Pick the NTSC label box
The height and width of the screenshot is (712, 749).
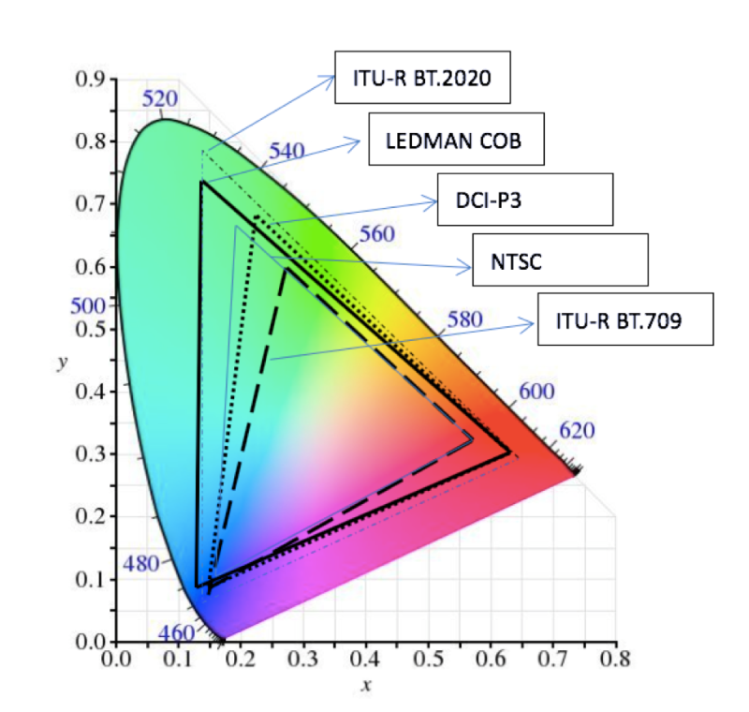click(560, 260)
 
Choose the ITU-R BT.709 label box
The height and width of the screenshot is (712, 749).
click(625, 320)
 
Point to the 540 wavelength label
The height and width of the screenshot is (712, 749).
click(287, 151)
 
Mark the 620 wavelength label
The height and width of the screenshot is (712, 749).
click(578, 430)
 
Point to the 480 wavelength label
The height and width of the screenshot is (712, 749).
click(141, 565)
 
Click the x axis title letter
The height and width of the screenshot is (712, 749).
click(366, 685)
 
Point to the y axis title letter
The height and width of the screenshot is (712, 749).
click(62, 362)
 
